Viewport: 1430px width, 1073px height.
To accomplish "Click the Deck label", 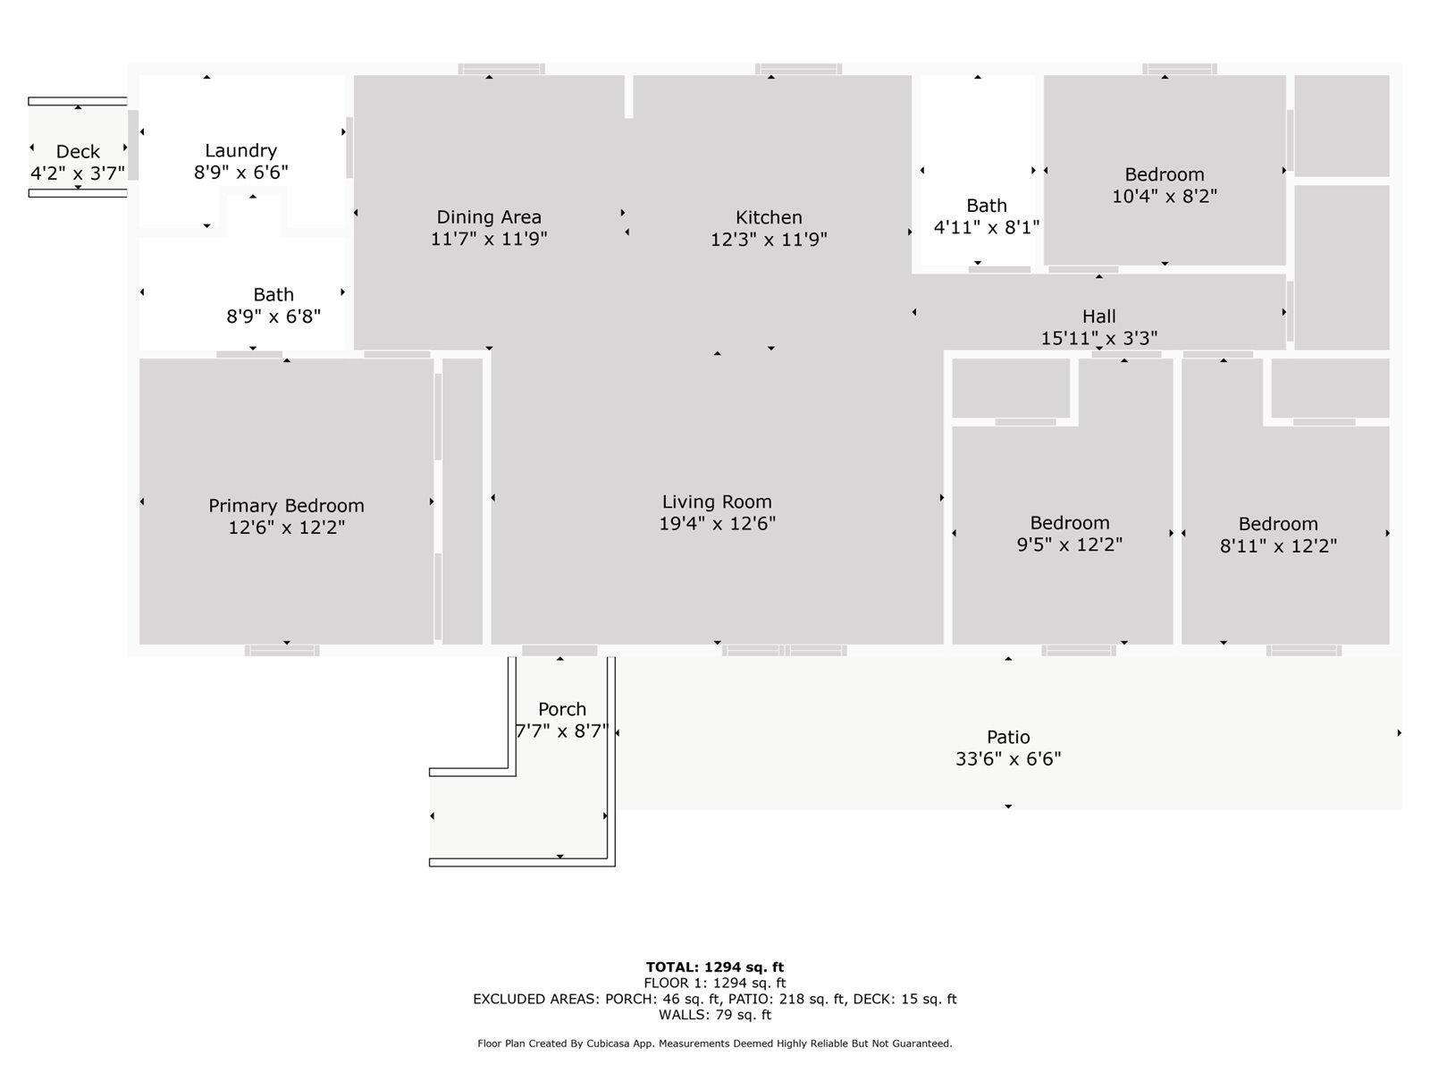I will tap(78, 151).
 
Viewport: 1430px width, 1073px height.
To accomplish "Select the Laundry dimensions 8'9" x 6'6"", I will tap(240, 173).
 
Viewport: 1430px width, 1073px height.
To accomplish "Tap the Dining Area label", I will tap(489, 217).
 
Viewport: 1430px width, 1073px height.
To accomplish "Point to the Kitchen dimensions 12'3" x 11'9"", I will tap(769, 240).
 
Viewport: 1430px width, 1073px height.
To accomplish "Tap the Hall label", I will tap(1098, 317).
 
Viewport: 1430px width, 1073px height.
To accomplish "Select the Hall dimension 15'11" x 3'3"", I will tap(1098, 338).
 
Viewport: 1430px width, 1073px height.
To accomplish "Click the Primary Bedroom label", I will tap(286, 506).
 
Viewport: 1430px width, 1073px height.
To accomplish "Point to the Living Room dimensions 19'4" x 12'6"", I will tap(717, 524).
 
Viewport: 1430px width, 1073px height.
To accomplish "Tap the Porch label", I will tap(562, 709).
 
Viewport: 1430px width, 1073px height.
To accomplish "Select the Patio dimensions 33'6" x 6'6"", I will tap(1008, 759).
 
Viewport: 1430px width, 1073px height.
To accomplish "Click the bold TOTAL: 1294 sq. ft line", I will tap(715, 967).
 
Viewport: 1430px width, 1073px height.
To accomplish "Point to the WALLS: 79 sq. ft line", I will tap(715, 1015).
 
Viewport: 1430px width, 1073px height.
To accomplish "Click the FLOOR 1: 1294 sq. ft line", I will tap(715, 983).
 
